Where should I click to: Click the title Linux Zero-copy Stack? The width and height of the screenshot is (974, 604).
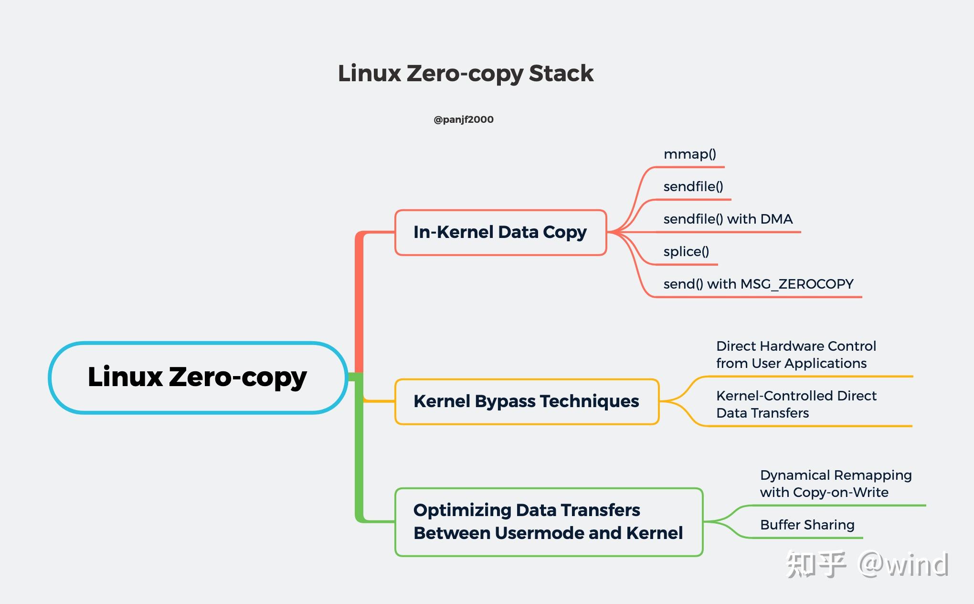(466, 74)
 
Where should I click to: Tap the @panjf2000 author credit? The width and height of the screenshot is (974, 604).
(463, 119)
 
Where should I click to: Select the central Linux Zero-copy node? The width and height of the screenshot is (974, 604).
(197, 377)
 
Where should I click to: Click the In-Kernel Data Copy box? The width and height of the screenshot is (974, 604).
(500, 232)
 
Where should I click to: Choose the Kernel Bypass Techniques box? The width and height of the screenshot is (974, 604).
(526, 401)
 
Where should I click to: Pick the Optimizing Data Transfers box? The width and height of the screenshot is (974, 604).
(548, 522)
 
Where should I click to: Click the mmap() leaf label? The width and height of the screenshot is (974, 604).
(690, 154)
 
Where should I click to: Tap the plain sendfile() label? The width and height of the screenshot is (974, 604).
(693, 187)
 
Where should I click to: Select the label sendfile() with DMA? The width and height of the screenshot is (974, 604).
(728, 219)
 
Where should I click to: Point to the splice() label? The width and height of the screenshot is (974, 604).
(686, 252)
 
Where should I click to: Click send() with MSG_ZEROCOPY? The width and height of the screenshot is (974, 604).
(758, 284)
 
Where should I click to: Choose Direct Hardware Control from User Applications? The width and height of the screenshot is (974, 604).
(796, 355)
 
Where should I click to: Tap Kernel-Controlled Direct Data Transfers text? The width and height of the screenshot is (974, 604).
(796, 404)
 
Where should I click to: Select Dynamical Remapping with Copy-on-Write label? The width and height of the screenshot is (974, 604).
(836, 484)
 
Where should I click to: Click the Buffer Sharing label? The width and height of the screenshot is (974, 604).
(807, 525)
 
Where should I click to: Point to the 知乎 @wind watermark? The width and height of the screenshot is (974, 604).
(867, 565)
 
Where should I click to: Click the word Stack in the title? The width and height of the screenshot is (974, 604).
(561, 74)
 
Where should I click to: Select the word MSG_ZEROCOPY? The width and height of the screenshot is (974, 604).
(797, 284)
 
